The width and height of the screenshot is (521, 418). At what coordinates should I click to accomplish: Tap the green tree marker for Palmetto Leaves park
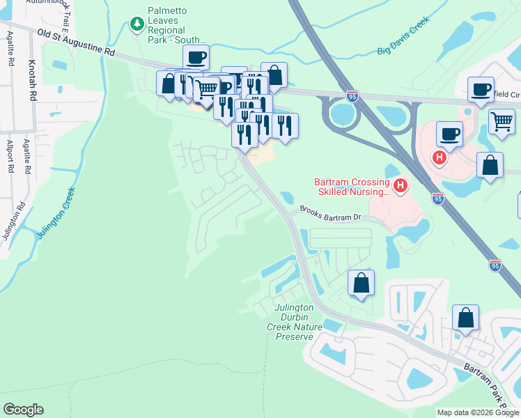(137, 24)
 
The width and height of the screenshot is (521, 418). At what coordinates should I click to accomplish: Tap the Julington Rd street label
(13, 222)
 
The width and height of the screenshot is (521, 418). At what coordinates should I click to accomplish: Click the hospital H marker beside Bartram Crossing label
(401, 185)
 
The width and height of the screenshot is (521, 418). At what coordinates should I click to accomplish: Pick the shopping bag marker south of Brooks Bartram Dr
(361, 283)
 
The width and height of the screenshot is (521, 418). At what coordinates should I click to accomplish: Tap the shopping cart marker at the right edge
(501, 121)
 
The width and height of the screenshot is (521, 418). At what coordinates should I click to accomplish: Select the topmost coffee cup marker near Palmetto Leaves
(196, 56)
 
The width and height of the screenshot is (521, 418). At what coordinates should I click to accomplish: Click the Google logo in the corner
(23, 410)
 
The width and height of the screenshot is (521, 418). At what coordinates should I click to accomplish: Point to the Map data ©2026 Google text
(478, 412)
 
